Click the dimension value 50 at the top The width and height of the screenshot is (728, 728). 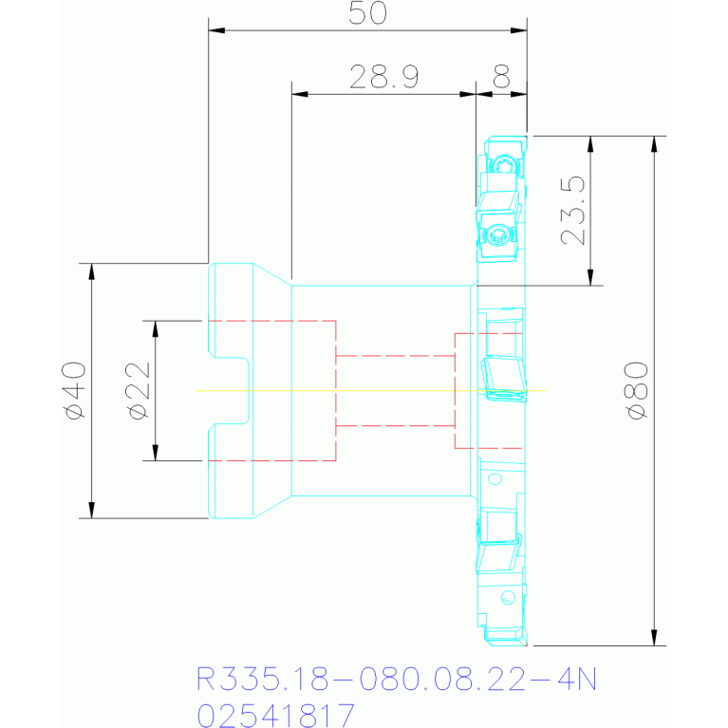(367, 13)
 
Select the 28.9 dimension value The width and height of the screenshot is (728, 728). (384, 77)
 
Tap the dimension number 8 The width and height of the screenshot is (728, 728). (501, 77)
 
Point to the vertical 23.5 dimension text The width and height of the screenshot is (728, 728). (573, 211)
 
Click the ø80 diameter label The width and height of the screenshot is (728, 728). (637, 390)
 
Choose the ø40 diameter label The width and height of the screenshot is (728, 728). (74, 390)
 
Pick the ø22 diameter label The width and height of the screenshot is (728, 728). (139, 390)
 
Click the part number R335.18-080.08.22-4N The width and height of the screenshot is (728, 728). (396, 680)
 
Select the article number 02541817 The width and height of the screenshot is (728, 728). (276, 715)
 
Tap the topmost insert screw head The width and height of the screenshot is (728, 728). (503, 165)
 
